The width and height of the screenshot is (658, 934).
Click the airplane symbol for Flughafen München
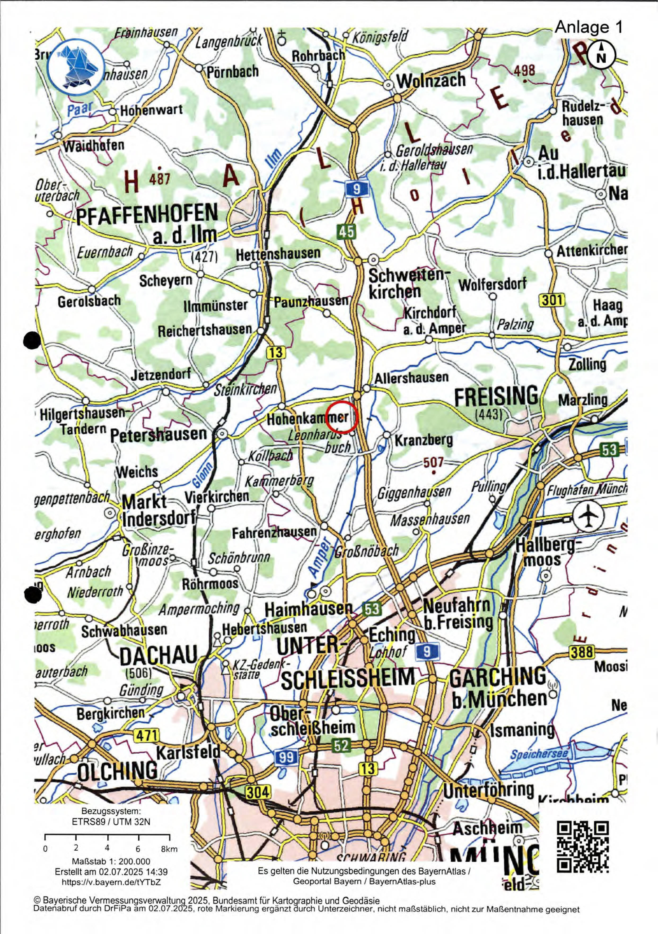[589, 516]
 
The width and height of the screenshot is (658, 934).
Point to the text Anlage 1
[588, 27]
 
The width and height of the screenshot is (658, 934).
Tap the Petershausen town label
[159, 435]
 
